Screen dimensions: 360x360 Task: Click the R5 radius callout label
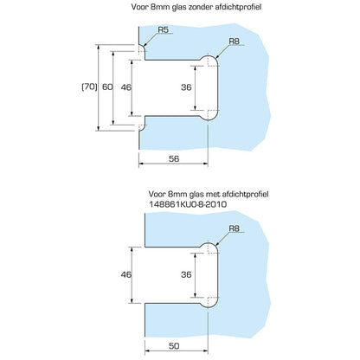coord(163,29)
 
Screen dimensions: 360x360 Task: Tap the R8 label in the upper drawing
coord(234,42)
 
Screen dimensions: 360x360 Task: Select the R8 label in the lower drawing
coord(234,228)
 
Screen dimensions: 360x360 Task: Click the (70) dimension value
coord(89,87)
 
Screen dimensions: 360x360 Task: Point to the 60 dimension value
coord(107,87)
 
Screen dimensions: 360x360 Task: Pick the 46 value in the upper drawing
coord(126,87)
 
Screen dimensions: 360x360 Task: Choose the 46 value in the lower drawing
coord(126,274)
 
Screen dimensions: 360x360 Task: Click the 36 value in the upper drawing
coord(186,87)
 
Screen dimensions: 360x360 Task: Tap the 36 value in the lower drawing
coord(186,274)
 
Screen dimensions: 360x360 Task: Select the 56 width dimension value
coord(174,158)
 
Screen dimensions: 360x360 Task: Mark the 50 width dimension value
coord(174,346)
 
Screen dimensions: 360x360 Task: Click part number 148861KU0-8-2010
coord(188,204)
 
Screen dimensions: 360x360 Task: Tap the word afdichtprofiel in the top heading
coord(238,7)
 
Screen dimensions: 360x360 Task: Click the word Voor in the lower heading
coord(157,194)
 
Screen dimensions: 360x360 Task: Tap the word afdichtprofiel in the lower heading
coord(246,194)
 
